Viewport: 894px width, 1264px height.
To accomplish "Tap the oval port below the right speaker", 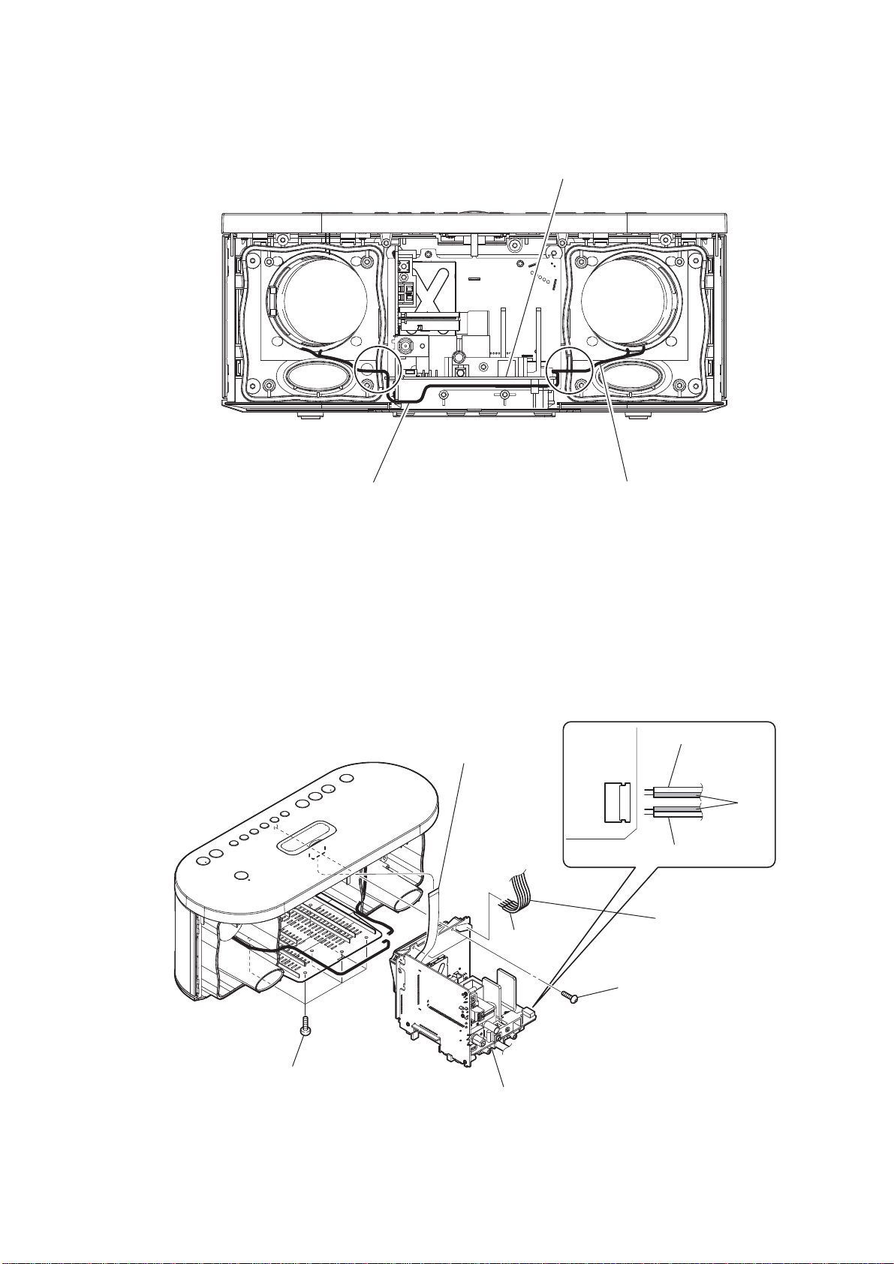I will click(633, 375).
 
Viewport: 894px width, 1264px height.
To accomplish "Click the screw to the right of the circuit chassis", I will click(572, 997).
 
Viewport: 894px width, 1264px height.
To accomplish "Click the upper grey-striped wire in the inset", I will click(676, 791).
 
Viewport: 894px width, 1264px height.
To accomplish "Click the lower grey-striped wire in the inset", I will click(676, 811).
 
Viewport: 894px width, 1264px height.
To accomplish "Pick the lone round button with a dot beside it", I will click(241, 876).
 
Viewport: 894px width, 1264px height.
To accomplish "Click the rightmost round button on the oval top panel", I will click(346, 778).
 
